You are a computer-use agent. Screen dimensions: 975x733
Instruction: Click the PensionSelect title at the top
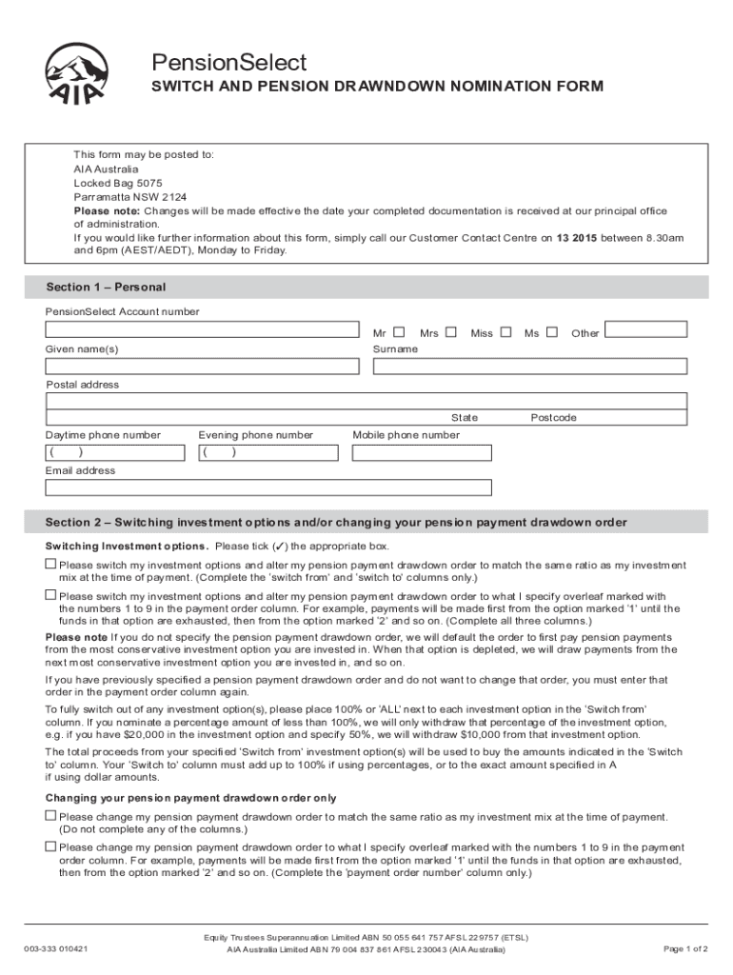click(x=229, y=63)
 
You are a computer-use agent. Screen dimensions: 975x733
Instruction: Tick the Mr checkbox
click(x=399, y=332)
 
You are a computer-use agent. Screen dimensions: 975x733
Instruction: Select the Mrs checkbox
click(x=451, y=332)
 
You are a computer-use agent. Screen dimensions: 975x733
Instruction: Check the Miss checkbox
click(x=506, y=332)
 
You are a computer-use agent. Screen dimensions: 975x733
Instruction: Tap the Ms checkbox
click(x=552, y=332)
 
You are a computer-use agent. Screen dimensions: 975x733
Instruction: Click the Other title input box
click(x=645, y=329)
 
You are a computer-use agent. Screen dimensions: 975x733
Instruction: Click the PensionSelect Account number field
click(x=203, y=330)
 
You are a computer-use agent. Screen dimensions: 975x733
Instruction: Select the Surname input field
click(x=529, y=367)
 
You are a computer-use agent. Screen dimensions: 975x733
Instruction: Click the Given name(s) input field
click(x=203, y=367)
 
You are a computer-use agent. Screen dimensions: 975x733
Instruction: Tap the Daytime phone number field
click(x=113, y=452)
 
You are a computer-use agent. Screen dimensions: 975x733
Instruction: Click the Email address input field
click(x=268, y=487)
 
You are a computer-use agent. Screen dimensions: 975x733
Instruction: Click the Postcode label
click(x=553, y=418)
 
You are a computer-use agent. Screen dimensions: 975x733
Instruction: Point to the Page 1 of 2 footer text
click(x=684, y=948)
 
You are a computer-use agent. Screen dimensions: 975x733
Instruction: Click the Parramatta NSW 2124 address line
click(x=130, y=197)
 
